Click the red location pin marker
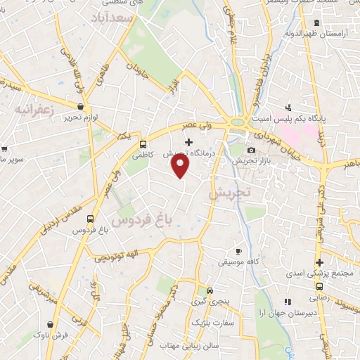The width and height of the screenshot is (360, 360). pyautogui.click(x=181, y=166)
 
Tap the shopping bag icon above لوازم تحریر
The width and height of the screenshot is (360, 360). pyautogui.click(x=81, y=107)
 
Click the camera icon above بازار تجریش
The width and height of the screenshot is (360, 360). pyautogui.click(x=252, y=150)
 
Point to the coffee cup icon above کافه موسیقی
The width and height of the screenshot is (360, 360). pyautogui.click(x=238, y=251)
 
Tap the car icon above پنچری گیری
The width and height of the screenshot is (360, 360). pyautogui.click(x=209, y=290)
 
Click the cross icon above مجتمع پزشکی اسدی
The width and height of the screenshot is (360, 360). pyautogui.click(x=319, y=262)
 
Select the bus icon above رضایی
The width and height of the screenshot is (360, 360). pyautogui.click(x=319, y=286)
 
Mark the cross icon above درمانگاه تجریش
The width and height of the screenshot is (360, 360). pyautogui.click(x=188, y=142)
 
